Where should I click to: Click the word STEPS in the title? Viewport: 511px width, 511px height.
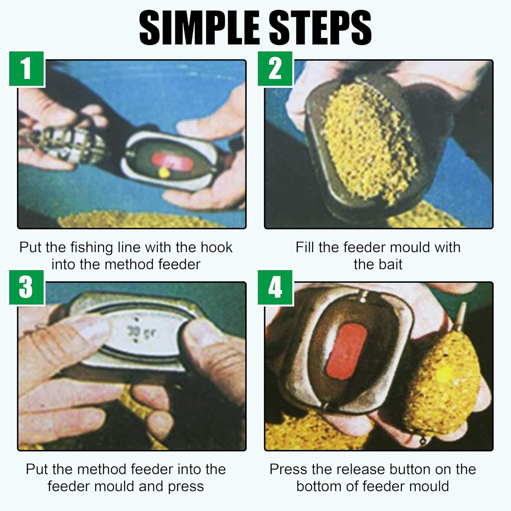tap(320, 28)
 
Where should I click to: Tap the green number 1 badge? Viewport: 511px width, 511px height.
tap(27, 69)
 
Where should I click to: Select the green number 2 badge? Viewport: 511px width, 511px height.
tap(275, 69)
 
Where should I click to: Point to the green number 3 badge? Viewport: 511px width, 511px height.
tap(27, 288)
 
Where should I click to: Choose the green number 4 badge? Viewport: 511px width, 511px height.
tap(275, 288)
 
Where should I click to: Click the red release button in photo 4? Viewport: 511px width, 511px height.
tap(346, 351)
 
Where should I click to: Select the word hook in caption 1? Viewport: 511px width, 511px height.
tap(216, 247)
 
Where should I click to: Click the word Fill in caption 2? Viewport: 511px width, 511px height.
tap(305, 247)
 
